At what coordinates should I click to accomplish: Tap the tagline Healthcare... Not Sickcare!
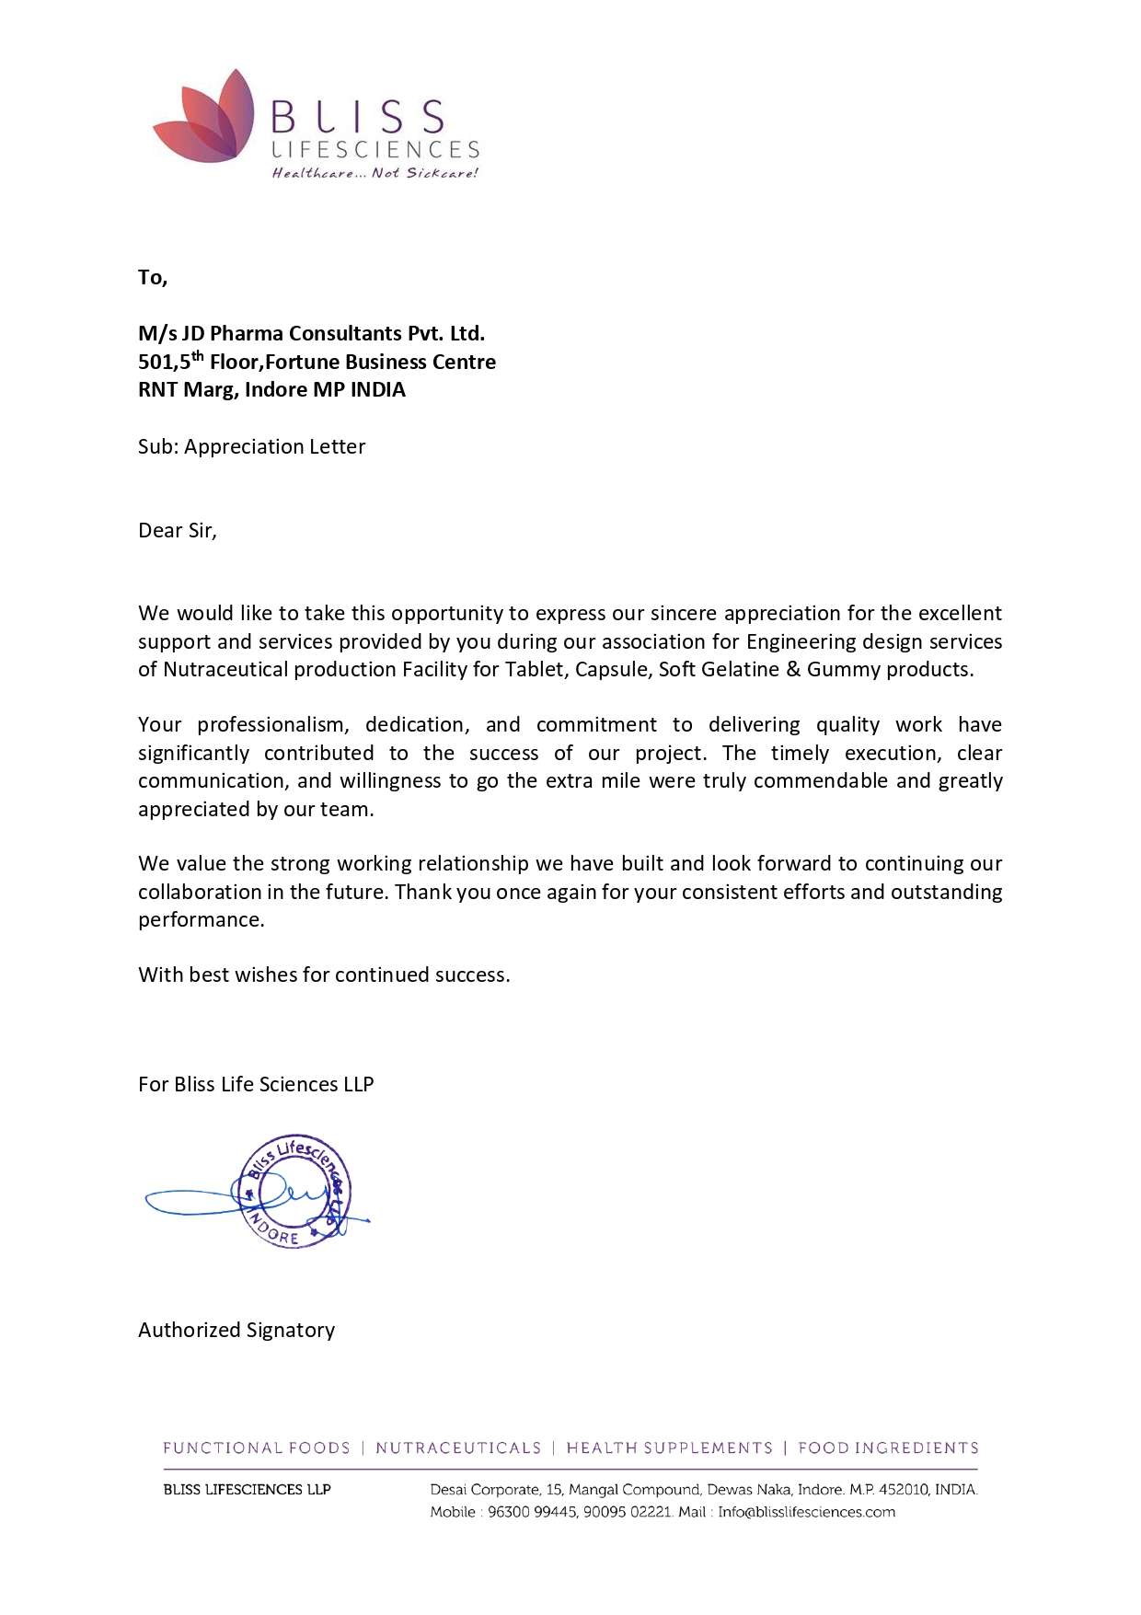coord(375,173)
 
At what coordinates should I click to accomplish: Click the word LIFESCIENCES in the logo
coord(375,149)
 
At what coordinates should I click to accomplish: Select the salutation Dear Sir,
coord(178,530)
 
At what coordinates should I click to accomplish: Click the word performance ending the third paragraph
coord(200,919)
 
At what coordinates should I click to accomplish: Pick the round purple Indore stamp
coord(294,1192)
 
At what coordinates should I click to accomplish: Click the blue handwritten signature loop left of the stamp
coord(189,1199)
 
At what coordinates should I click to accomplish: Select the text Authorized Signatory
coord(236,1330)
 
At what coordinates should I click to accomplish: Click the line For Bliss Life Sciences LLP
coord(256,1084)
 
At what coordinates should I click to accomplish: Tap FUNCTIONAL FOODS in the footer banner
coord(257,1448)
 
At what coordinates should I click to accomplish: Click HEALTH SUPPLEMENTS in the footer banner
coord(669,1448)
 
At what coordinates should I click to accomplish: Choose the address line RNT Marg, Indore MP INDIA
coord(271,389)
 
